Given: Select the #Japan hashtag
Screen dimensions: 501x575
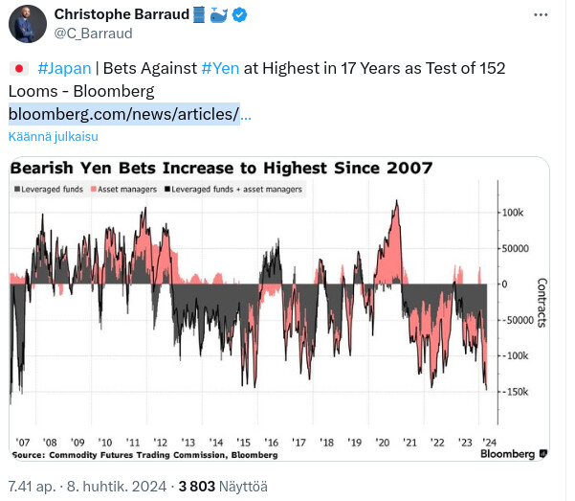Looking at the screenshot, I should (65, 69).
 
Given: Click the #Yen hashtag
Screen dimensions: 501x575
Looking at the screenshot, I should (219, 69).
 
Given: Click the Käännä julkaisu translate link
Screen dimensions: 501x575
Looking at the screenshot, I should (54, 137).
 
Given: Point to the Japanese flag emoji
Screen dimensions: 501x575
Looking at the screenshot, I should (18, 69).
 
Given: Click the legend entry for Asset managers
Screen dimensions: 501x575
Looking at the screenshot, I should (126, 190).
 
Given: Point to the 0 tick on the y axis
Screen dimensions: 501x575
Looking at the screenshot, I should (506, 285).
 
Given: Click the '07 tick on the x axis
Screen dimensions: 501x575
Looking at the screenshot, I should (23, 444).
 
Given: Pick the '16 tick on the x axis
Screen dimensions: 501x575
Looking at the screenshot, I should (273, 444).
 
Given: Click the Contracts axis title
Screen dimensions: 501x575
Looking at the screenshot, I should (542, 303).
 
